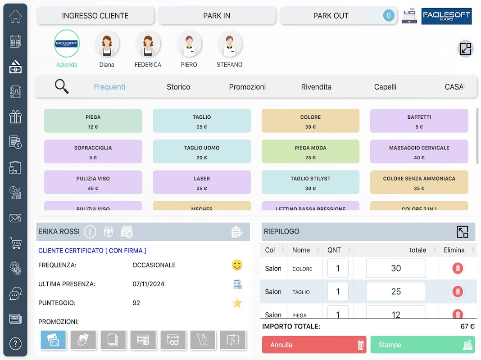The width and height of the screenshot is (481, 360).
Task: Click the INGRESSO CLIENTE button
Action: tap(95, 16)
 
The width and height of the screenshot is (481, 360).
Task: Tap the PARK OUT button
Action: tap(331, 16)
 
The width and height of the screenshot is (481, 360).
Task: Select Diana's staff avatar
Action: tap(107, 44)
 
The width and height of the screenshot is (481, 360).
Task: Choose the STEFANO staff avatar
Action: tap(229, 44)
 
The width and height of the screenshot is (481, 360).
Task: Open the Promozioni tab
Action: tap(247, 87)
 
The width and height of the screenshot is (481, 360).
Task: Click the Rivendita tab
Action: tap(316, 87)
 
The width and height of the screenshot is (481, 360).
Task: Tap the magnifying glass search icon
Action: tap(62, 86)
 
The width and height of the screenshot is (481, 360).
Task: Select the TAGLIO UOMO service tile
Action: tap(202, 152)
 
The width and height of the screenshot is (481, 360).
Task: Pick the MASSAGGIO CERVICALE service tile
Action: tap(419, 152)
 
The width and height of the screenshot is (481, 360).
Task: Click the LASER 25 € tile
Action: tap(202, 182)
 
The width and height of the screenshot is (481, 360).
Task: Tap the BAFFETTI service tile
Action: tap(419, 121)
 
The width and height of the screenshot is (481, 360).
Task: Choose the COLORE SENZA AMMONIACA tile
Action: tap(419, 182)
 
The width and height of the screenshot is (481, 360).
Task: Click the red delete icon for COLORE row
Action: tap(458, 269)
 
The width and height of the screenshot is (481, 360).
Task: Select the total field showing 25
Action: tap(395, 292)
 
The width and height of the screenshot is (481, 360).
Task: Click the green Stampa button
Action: tap(422, 345)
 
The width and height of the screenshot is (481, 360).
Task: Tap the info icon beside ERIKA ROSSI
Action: tap(90, 232)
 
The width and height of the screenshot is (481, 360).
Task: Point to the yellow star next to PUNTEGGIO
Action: tap(237, 303)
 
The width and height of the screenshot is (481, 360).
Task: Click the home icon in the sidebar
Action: tap(15, 17)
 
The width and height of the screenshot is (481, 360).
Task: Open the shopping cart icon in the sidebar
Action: tap(15, 243)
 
